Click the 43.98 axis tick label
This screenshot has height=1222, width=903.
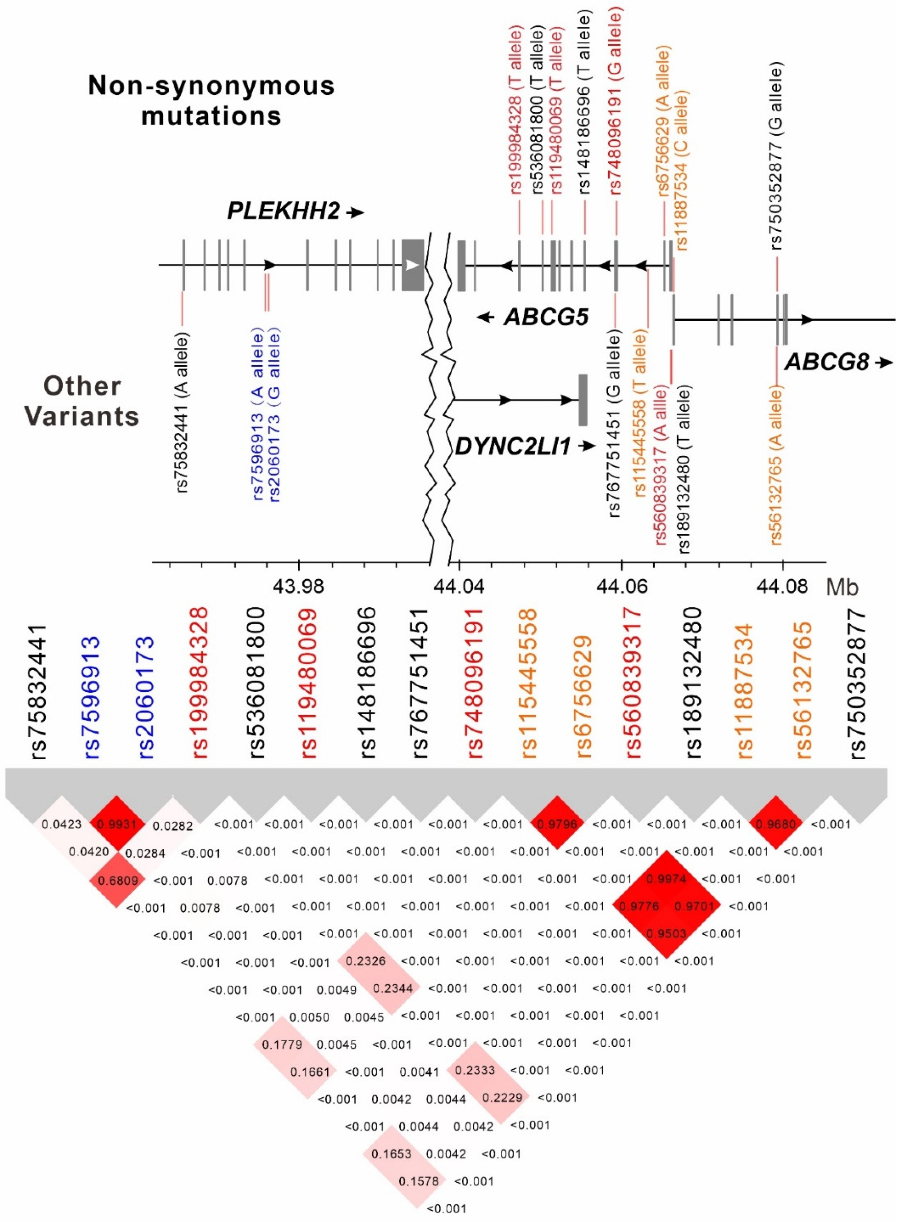tap(298, 587)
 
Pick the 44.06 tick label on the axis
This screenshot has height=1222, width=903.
tap(622, 587)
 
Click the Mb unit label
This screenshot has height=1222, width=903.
tap(842, 587)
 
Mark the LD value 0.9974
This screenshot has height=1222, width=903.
tap(665, 879)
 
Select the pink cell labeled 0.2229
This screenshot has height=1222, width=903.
tap(502, 1097)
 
